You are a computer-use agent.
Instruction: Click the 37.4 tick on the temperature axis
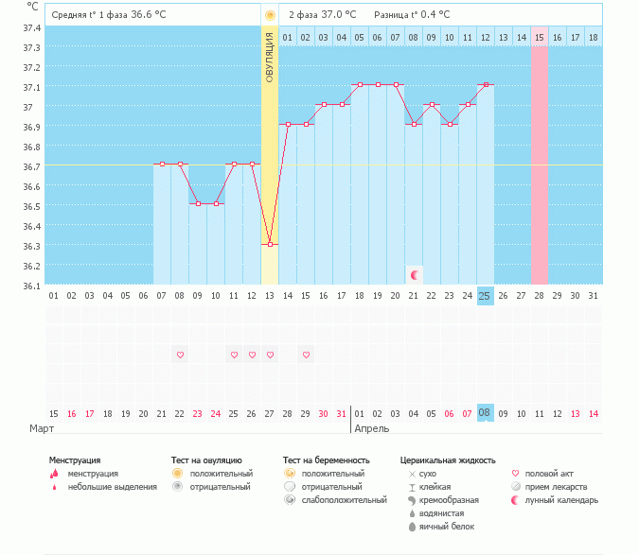[32, 27]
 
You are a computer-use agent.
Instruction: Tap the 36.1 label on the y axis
[32, 286]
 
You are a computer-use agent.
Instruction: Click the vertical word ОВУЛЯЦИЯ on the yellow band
[270, 57]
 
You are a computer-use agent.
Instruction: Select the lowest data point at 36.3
[270, 244]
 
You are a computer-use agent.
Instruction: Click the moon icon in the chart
[414, 274]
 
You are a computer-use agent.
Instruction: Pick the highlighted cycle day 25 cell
[485, 296]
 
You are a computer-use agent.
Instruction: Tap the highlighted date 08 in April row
[485, 413]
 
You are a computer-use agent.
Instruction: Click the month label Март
[40, 428]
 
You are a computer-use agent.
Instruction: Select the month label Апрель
[371, 428]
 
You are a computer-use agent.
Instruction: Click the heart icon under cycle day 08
[180, 355]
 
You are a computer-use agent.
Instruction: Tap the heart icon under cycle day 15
[306, 355]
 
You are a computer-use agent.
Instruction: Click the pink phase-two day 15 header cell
[540, 37]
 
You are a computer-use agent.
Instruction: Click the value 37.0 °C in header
[338, 14]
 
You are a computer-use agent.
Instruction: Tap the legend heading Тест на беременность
[326, 460]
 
